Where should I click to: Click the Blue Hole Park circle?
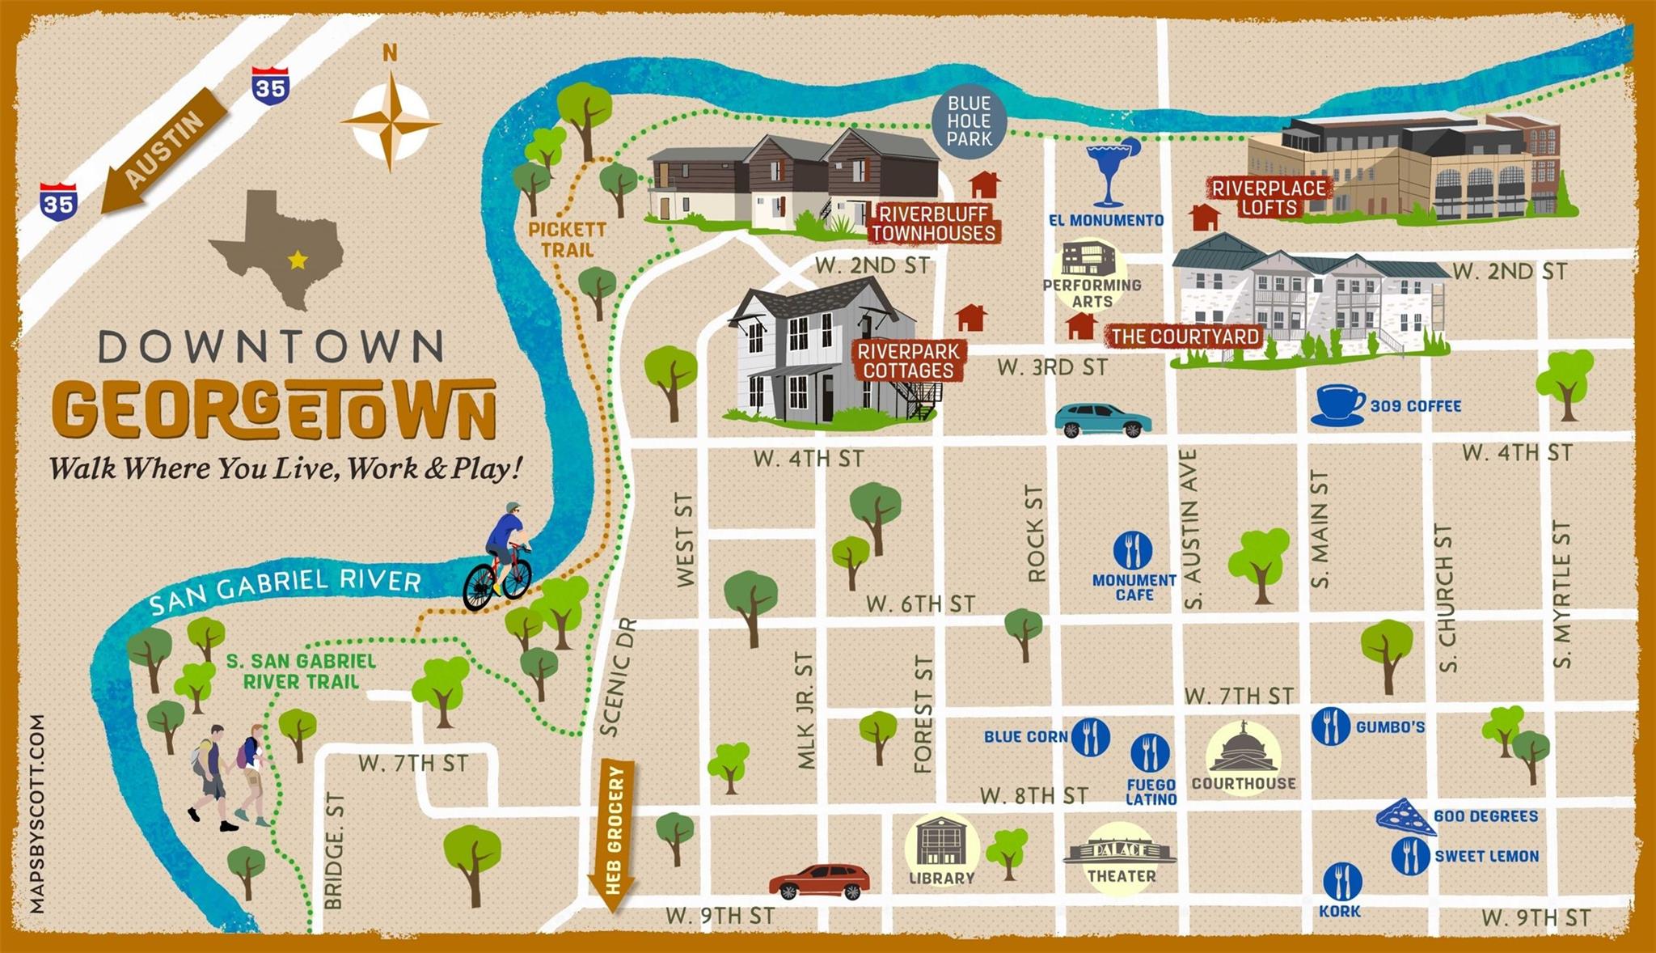[969, 121]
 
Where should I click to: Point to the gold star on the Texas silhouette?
[298, 260]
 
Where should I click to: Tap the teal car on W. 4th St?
[1102, 420]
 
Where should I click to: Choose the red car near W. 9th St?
[819, 881]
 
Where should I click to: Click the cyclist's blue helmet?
[513, 507]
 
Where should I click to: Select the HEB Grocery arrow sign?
[615, 833]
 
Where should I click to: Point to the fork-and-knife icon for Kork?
[1341, 881]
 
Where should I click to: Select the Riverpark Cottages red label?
[909, 361]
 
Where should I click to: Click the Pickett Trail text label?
[567, 239]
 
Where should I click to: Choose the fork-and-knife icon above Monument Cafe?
[1133, 550]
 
